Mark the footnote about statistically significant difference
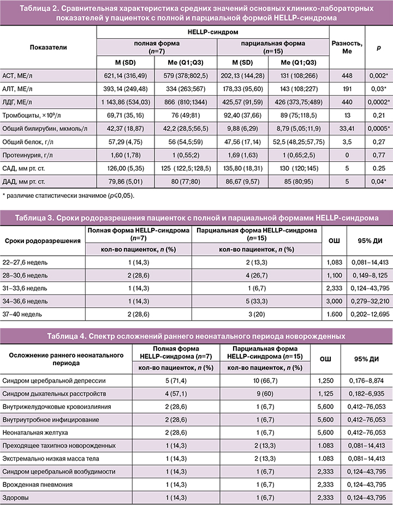(68, 195)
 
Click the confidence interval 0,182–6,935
(365, 393)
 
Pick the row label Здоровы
(17, 497)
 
